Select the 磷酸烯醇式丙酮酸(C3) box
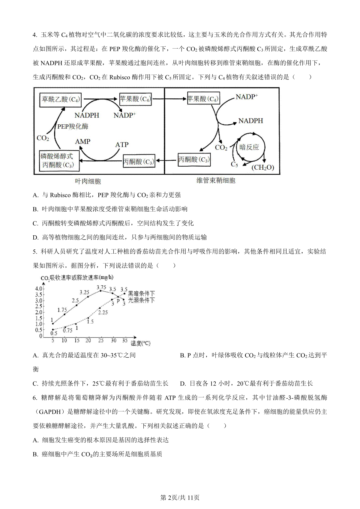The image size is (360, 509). [x=57, y=160]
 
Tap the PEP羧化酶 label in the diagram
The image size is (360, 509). [x=73, y=127]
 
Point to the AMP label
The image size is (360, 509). [x=83, y=141]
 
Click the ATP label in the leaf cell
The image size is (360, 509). [x=122, y=145]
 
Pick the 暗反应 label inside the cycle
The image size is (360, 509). [x=249, y=147]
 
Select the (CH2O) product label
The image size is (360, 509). [x=262, y=167]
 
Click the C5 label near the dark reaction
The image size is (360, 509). [x=234, y=164]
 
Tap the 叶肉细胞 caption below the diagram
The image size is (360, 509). [x=88, y=181]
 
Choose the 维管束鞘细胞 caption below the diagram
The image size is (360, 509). [x=216, y=180]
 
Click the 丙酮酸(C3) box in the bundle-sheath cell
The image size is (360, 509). [x=194, y=159]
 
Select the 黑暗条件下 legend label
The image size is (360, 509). [x=141, y=294]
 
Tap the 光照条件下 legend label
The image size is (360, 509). [x=141, y=300]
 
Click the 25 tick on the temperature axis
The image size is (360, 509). [x=101, y=341]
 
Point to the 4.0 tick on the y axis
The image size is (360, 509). [x=39, y=289]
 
